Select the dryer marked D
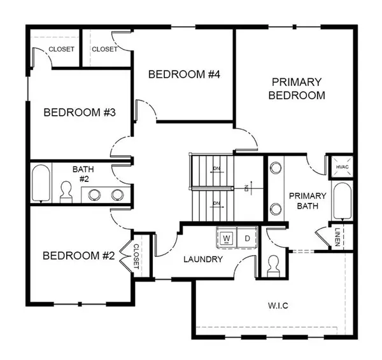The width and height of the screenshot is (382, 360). click(247, 237)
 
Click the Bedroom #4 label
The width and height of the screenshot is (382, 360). click(184, 74)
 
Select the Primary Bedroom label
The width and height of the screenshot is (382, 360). click(297, 89)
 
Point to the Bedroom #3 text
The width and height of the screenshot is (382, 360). click(79, 113)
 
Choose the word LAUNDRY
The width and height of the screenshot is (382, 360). click(202, 260)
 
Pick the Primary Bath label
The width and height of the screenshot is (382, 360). click(308, 201)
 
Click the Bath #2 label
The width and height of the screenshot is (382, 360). click(83, 174)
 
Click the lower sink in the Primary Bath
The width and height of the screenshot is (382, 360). click(276, 208)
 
